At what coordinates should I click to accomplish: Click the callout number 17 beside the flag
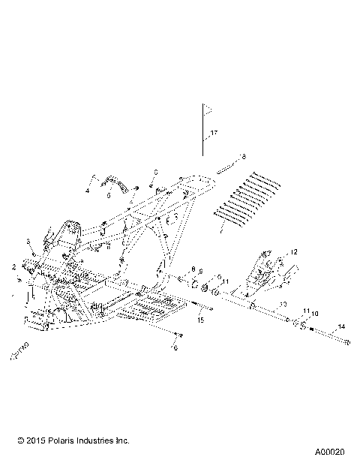coord(214,133)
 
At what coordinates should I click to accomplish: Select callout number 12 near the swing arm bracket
coord(295,251)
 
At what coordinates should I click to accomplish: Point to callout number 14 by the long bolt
coord(341,326)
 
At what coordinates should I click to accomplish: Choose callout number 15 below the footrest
coord(200,320)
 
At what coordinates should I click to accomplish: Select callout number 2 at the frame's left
coord(13,266)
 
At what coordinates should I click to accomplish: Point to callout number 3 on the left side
coord(28,241)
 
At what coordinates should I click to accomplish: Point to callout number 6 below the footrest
coord(175,348)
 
